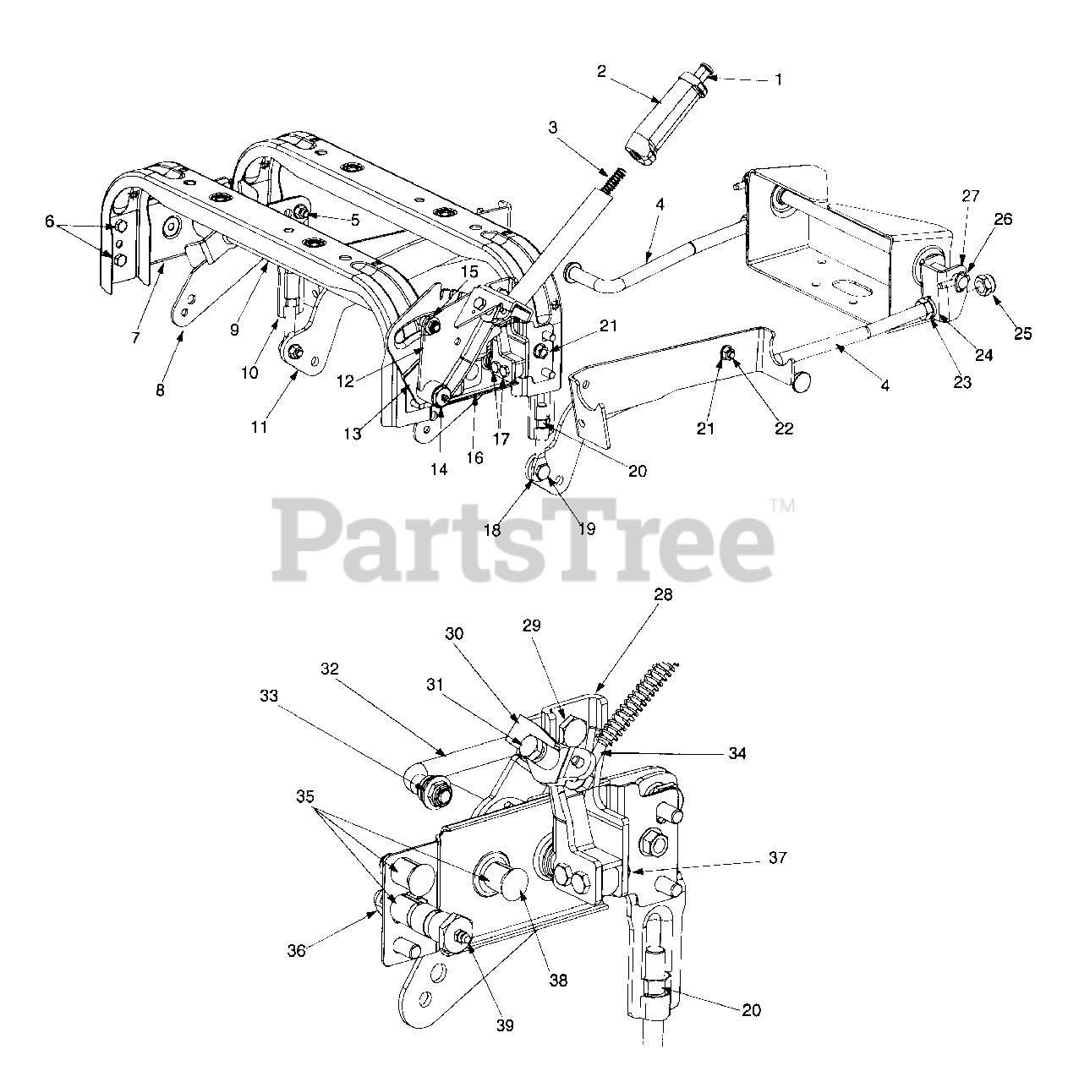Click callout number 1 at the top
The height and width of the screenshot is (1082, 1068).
click(778, 79)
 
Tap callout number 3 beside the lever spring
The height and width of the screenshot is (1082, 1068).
click(552, 128)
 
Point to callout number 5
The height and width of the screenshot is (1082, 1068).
click(354, 218)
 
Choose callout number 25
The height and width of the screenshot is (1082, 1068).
click(1022, 333)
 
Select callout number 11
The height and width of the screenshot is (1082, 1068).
click(259, 427)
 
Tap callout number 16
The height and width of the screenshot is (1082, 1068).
click(474, 457)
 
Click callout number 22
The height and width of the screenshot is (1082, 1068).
click(784, 428)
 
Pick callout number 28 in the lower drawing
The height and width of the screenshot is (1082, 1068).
click(662, 595)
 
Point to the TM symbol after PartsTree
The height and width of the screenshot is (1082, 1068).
click(782, 506)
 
